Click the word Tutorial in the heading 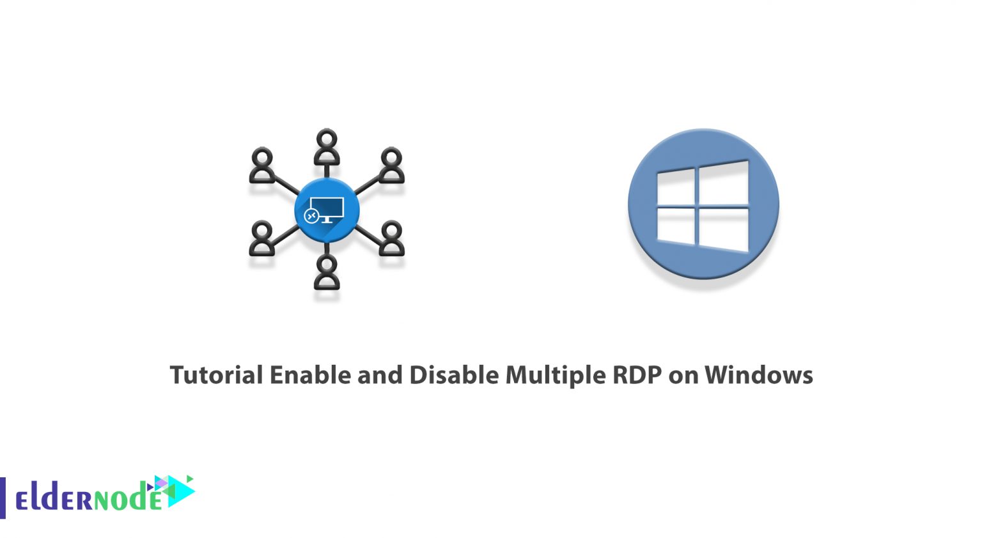216,375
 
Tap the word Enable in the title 310,375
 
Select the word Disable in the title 454,375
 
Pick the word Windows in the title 758,375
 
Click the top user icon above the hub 327,147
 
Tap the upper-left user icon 261,165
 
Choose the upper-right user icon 391,165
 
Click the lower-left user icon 261,238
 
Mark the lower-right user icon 391,238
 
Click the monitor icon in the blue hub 327,210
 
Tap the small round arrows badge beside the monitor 312,215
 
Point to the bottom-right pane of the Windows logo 723,229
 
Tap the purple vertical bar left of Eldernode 3,498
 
